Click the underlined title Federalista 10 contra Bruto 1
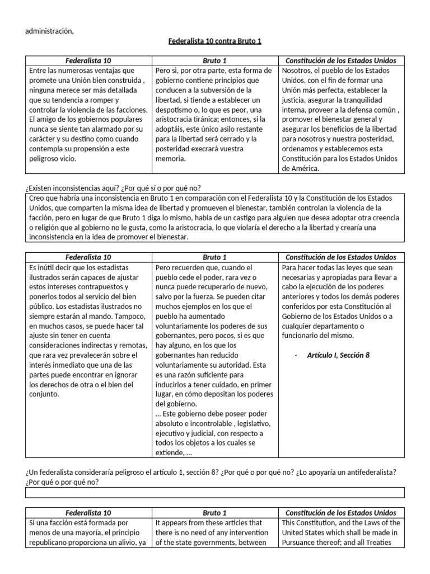tap(215, 41)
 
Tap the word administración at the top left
tap(49, 30)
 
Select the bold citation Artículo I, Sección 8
tap(338, 355)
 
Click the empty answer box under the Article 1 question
tap(215, 492)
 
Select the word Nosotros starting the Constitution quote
tap(300, 71)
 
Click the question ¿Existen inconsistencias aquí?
tap(69, 188)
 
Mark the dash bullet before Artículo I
tap(296, 355)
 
